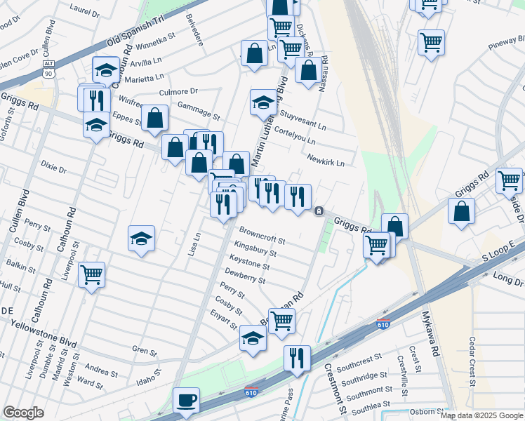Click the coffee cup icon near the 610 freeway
tap(186, 399)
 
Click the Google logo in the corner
tap(23, 413)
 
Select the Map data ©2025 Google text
tap(481, 415)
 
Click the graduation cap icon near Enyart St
tap(253, 338)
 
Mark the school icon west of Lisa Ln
tap(141, 238)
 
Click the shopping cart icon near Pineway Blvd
tap(430, 41)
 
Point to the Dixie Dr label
tap(53, 169)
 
